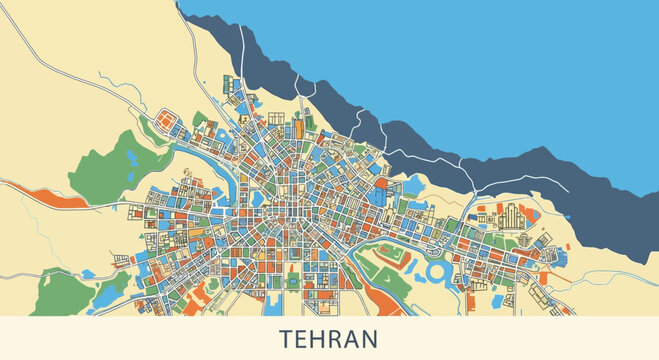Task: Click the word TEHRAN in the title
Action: coord(329,338)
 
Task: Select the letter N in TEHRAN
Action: coord(370,338)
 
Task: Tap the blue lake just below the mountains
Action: coord(414,185)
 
